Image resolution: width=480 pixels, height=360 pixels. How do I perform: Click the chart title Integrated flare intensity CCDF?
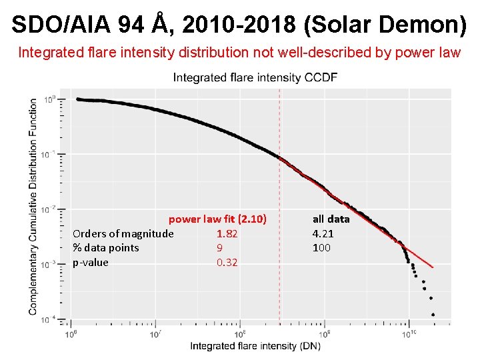(x=255, y=77)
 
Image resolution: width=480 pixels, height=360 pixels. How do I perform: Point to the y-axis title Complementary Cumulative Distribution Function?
(x=33, y=207)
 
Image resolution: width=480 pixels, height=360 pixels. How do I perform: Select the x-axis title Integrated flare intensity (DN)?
(x=255, y=345)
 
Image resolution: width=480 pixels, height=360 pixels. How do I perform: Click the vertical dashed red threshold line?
(x=279, y=200)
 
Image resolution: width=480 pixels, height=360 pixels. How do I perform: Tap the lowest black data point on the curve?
(x=433, y=314)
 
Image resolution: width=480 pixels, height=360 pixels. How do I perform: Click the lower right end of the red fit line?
(x=432, y=267)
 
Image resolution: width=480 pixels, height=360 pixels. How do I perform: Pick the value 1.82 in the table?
(x=227, y=233)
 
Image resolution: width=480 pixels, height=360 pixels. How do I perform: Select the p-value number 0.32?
(x=227, y=263)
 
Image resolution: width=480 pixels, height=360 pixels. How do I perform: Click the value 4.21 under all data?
(x=323, y=233)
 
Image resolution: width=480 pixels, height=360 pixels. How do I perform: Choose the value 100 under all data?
(x=321, y=248)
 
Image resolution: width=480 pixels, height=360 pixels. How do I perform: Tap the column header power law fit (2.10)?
(x=217, y=219)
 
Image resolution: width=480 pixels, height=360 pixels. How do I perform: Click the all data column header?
(x=331, y=219)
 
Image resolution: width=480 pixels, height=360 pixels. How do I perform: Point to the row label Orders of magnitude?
(x=123, y=233)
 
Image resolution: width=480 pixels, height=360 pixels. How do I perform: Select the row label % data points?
(x=105, y=248)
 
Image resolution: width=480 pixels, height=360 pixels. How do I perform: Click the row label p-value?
(x=90, y=263)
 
